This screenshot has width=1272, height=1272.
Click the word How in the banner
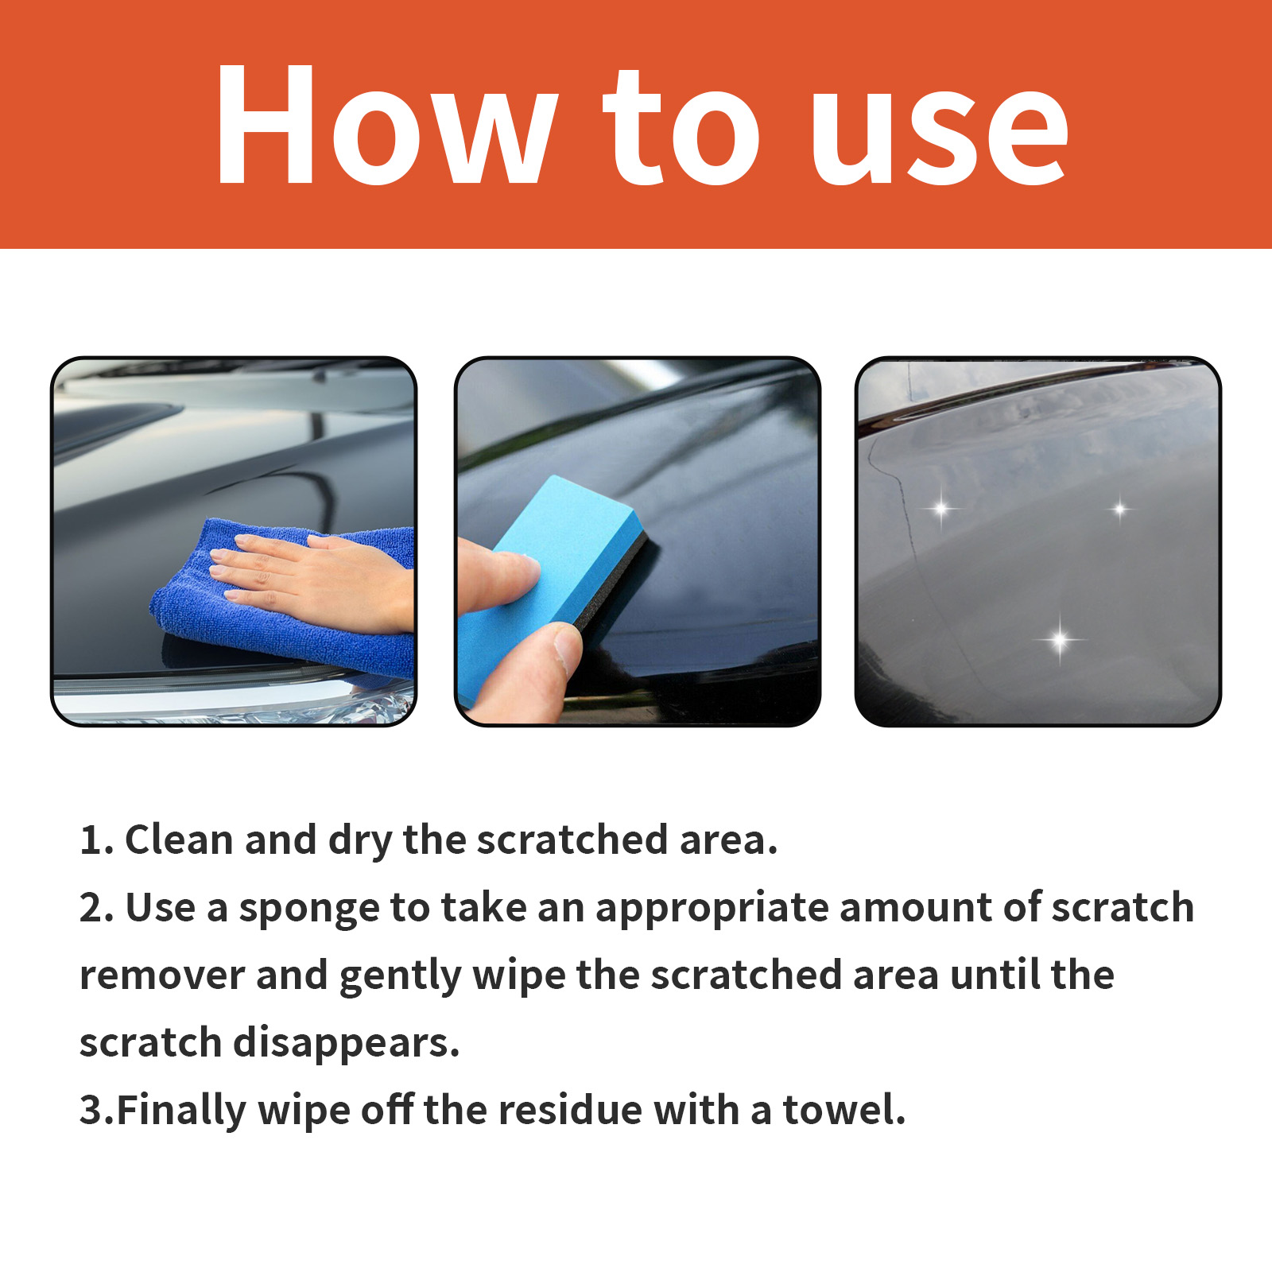[x=386, y=126]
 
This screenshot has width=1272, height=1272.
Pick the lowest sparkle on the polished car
[x=1059, y=638]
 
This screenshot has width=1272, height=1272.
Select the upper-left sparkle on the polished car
[x=941, y=507]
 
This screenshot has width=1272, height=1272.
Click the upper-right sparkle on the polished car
[x=1119, y=508]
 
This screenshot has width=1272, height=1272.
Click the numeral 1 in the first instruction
[x=90, y=840]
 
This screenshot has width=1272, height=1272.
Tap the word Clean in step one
[x=179, y=840]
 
